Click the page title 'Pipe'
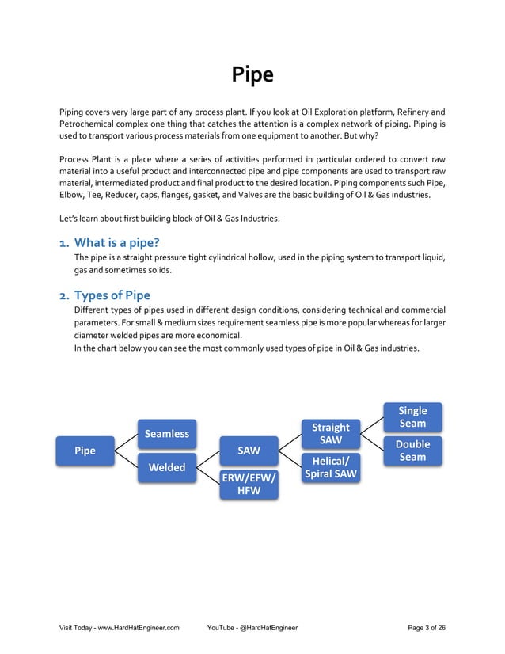(x=252, y=74)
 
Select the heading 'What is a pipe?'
(x=122, y=242)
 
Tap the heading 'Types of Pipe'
(x=112, y=295)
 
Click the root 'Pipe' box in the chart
(x=85, y=451)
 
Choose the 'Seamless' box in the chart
(x=166, y=433)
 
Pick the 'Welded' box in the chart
(x=166, y=467)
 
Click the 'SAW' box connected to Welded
(x=249, y=451)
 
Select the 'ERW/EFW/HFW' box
(x=249, y=484)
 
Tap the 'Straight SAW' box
(x=330, y=433)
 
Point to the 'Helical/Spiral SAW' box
(x=330, y=467)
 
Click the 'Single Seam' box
(x=412, y=416)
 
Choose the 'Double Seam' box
(x=412, y=451)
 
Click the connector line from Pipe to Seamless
(x=127, y=442)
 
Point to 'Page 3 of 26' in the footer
(x=426, y=628)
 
